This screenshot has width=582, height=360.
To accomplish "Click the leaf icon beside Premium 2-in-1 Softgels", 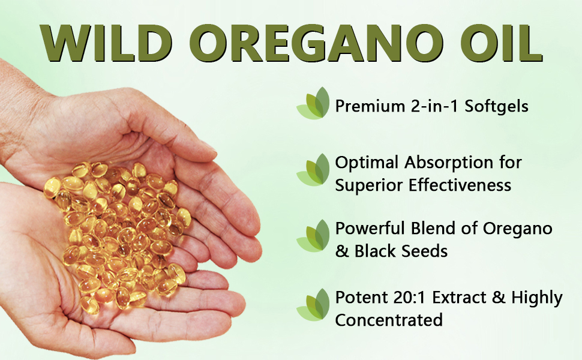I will pos(314,103).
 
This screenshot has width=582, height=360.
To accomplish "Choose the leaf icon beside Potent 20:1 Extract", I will pos(314,305).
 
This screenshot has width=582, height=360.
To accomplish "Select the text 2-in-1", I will pos(428,107).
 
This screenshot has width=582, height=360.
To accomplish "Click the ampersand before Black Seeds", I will pos(342,251).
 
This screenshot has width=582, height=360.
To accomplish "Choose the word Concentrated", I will pos(389,320).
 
